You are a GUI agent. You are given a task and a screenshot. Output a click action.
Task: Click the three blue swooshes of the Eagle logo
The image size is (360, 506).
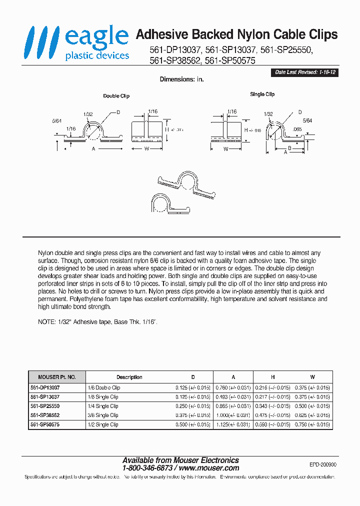41,43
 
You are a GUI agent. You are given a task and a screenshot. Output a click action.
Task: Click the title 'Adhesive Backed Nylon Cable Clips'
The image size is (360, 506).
236,34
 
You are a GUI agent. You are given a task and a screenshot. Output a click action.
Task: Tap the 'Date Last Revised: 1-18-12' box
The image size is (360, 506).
304,72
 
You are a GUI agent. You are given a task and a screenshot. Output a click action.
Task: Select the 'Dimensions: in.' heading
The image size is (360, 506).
181,79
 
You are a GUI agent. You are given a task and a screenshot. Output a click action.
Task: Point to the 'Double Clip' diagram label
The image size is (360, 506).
116,96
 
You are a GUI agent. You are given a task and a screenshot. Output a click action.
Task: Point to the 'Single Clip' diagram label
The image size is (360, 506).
262,94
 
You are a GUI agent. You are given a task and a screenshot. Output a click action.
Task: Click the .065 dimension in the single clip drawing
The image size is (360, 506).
297,129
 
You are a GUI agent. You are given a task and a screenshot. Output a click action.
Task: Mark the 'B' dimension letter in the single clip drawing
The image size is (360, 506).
290,148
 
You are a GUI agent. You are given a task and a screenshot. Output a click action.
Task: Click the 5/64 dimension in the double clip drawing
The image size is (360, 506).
56,120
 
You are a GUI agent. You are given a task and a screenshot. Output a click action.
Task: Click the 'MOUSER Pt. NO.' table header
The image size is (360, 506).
57,377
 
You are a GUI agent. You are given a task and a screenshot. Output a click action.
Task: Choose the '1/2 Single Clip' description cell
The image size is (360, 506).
107,424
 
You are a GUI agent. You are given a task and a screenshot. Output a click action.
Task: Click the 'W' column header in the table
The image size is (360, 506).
312,377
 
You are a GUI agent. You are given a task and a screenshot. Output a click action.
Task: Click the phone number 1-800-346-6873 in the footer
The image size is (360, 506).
147,468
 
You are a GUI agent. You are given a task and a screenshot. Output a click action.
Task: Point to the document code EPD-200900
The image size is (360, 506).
323,464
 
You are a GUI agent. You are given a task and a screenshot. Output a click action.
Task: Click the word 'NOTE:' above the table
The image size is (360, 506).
47,322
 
